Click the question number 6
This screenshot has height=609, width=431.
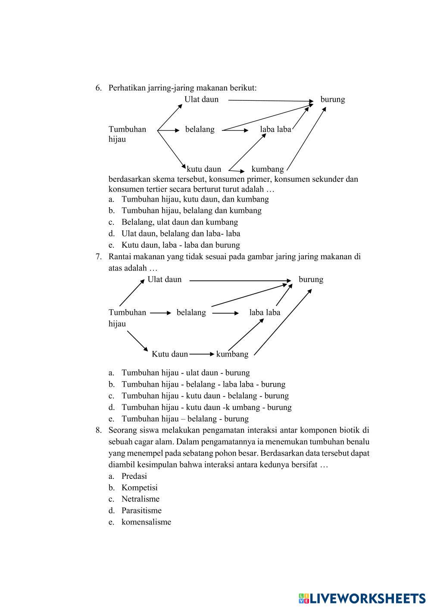pos(99,88)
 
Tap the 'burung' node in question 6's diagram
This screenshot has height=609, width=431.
pos(332,99)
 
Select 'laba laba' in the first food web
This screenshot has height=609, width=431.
pos(275,129)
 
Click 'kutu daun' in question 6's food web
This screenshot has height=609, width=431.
pos(204,169)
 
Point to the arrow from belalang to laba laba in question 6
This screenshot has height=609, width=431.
pos(235,130)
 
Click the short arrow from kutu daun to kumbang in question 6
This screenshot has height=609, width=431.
pos(237,171)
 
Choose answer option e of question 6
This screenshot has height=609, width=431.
pos(180,245)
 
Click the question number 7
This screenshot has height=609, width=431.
pos(99,257)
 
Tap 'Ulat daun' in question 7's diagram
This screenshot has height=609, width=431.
pos(165,280)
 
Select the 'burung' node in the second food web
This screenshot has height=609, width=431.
pos(311,280)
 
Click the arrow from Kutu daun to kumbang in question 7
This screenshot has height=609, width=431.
pos(201,354)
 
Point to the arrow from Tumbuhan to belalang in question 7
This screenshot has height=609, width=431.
pos(160,313)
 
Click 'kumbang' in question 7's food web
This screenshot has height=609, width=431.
pos(232,354)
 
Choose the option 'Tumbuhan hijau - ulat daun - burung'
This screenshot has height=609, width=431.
pos(185,373)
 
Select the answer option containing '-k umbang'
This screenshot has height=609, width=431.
pos(206,407)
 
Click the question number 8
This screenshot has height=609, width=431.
pos(99,430)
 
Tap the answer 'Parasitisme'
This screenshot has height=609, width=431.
pos(141,511)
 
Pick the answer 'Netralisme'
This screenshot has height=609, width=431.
pos(140,499)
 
